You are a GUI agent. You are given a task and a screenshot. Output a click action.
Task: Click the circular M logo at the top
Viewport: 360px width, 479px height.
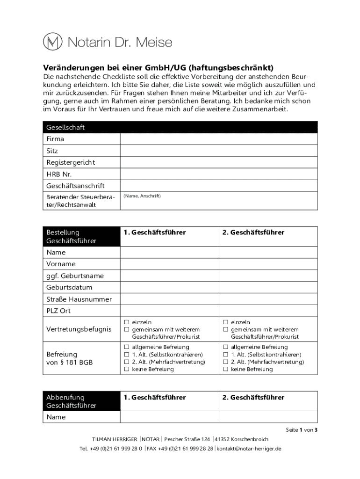[53, 42]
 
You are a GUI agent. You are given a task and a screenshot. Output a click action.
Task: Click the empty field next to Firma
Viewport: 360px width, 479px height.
[219, 139]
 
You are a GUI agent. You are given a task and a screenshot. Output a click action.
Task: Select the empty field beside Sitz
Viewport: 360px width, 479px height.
[219, 151]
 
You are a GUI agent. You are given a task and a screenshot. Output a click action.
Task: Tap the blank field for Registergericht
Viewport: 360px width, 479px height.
[219, 163]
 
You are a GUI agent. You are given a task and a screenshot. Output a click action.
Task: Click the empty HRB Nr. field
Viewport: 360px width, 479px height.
[219, 174]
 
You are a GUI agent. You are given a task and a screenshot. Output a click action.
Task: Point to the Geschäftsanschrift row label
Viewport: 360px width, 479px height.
[75, 186]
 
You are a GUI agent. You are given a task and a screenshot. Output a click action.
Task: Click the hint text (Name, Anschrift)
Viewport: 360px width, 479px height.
[142, 196]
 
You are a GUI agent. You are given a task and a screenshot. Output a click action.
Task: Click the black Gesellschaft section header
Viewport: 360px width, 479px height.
[180, 127]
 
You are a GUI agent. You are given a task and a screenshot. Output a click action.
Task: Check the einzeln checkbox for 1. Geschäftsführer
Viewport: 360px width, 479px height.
[126, 322]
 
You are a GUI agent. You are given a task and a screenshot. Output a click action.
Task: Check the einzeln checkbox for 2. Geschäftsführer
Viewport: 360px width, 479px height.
[225, 322]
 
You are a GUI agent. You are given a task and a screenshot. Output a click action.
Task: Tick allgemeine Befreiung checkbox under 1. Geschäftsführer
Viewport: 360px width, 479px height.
[126, 347]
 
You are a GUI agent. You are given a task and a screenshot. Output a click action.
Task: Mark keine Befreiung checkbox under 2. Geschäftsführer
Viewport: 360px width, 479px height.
[225, 369]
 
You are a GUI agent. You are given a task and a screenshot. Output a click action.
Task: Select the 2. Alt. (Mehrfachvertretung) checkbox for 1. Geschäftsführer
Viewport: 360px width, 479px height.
[126, 362]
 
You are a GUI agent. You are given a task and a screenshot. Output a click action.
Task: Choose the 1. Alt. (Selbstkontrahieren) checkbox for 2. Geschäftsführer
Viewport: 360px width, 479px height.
[225, 355]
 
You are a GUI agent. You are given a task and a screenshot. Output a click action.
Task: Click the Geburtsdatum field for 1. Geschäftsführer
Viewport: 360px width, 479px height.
[170, 287]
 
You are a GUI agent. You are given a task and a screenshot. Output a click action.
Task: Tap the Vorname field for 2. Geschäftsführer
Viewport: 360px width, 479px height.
[268, 264]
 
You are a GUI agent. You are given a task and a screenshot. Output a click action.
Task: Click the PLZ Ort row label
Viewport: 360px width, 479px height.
[58, 311]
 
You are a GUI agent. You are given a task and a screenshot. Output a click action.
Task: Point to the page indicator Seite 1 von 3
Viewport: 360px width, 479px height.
[302, 430]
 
